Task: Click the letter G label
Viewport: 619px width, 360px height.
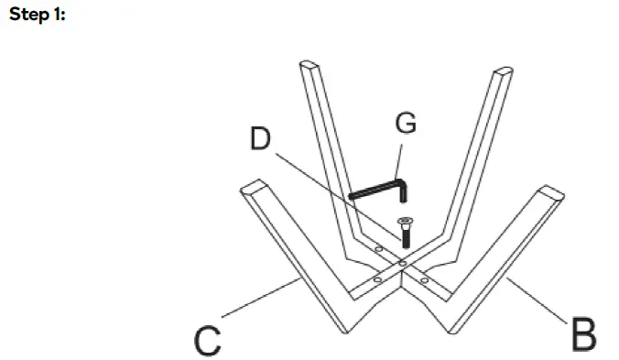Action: click(405, 123)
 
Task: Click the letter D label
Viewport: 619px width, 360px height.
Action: click(261, 138)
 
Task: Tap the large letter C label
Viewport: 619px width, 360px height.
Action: click(208, 340)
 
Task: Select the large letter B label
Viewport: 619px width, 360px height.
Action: click(582, 334)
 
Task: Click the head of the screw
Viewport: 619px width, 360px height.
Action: click(404, 221)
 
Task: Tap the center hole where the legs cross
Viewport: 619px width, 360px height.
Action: click(403, 263)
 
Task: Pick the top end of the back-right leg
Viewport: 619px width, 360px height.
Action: click(503, 71)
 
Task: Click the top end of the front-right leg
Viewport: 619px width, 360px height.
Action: click(552, 193)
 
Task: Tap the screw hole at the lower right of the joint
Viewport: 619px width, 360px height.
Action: click(425, 278)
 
